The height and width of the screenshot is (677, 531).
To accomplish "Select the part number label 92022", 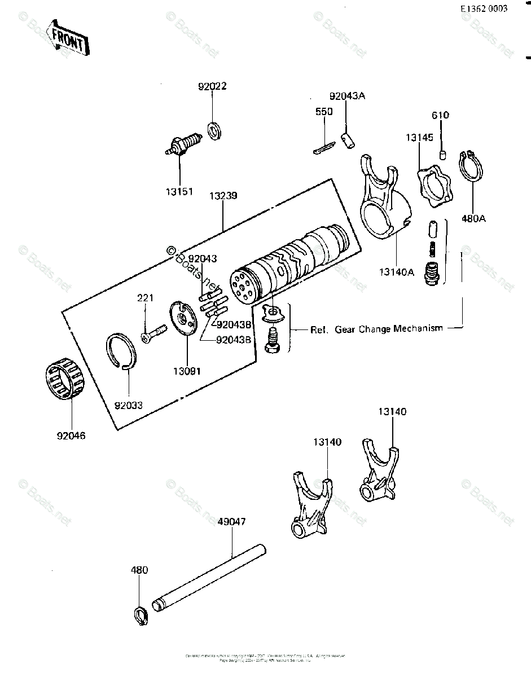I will (x=212, y=87).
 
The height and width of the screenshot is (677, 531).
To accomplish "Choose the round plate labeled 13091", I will (x=184, y=320).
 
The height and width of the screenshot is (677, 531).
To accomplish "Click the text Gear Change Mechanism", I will (x=389, y=329).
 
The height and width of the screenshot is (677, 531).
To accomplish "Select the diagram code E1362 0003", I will (x=484, y=8).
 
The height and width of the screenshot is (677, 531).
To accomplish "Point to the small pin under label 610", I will (x=444, y=154).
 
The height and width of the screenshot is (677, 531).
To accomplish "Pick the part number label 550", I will (x=323, y=112).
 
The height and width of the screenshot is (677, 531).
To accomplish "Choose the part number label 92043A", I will (x=348, y=96).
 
